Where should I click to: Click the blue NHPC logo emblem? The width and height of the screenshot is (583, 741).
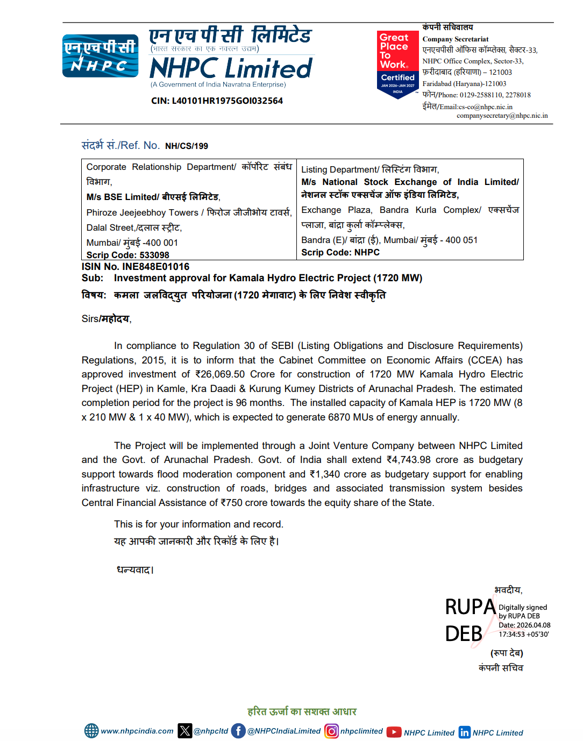100,56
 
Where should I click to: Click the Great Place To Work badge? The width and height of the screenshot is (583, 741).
397,65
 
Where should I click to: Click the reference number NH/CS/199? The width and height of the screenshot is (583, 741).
186,146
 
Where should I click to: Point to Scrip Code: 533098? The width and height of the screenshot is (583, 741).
128,255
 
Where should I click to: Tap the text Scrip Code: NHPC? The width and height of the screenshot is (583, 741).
340,252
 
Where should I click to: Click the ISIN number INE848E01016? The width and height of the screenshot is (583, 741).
155,267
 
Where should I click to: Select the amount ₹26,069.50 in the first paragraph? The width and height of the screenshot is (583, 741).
220,374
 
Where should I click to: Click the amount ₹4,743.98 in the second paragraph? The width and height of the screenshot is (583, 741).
409,460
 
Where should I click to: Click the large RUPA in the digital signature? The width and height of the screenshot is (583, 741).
471,607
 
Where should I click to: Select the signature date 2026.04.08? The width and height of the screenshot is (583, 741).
532,625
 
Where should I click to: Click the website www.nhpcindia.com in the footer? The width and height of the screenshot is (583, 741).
137,731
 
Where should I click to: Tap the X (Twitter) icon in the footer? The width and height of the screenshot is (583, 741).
185,731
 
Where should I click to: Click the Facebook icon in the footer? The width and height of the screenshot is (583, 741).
238,731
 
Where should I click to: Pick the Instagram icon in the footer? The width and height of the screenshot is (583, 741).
331,731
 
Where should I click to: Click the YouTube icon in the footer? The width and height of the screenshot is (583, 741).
394,732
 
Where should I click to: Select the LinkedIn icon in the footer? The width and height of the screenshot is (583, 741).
464,732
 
